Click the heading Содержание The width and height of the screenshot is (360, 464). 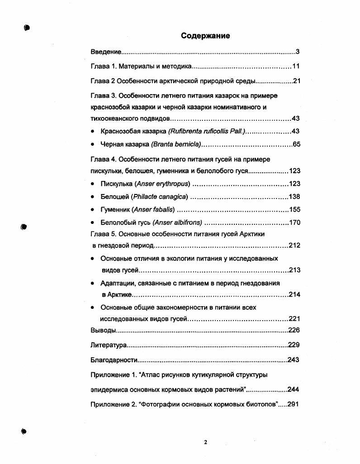205,36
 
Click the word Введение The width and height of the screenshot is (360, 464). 105,52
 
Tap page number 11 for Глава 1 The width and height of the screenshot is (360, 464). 296,66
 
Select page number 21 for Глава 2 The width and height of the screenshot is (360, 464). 296,81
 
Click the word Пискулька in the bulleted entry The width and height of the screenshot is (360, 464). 116,184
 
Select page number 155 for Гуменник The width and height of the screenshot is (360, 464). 294,210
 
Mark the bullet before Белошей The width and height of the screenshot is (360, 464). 92,197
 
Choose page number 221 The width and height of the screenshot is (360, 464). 294,319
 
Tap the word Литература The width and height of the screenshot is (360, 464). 109,345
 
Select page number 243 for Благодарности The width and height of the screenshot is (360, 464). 294,360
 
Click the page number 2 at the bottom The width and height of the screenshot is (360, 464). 205,442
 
